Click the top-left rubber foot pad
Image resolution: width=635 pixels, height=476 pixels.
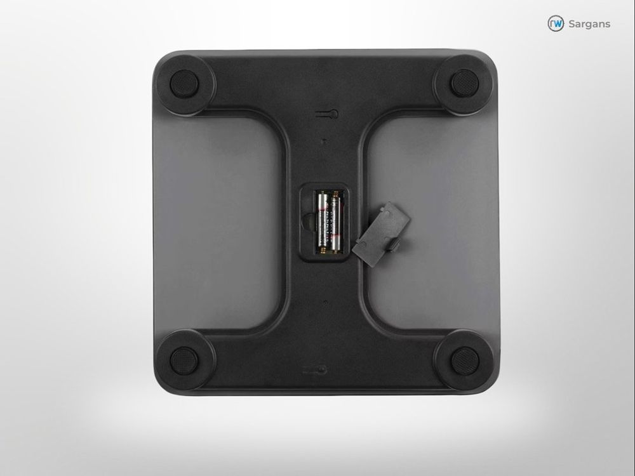pos(184,83)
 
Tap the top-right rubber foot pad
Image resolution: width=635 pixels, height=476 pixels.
pos(465,83)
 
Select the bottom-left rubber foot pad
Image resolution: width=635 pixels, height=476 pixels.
pos(184,360)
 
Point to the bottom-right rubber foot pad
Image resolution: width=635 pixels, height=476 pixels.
pos(465,360)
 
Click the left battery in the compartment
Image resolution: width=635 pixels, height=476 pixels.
pos(323,223)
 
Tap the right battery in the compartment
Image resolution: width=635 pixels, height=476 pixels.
pos(336,223)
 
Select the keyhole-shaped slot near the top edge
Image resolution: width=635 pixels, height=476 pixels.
pos(327,114)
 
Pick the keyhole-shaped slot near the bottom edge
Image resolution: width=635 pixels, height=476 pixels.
pos(315,369)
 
